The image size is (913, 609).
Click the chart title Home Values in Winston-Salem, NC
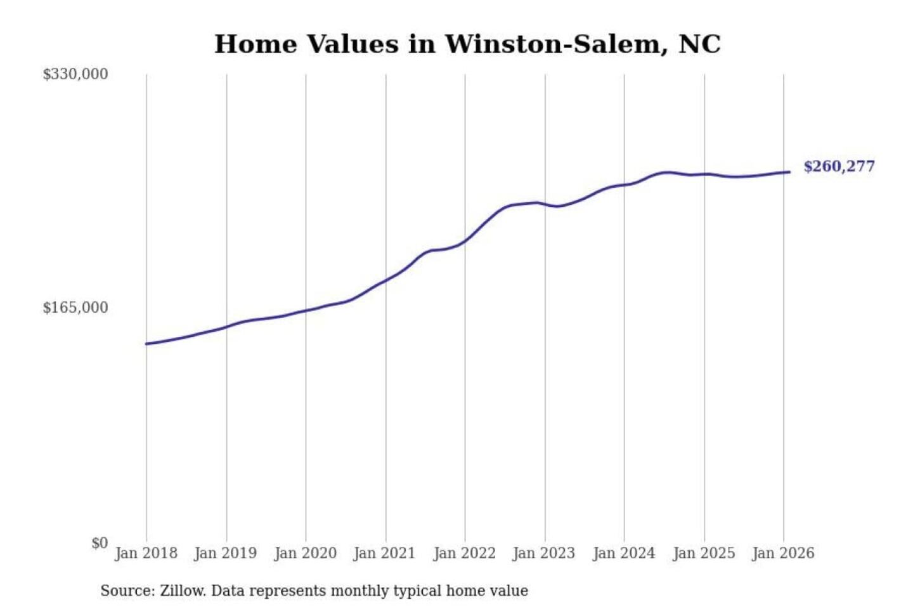pyautogui.click(x=467, y=44)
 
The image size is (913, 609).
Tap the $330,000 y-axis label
pyautogui.click(x=75, y=74)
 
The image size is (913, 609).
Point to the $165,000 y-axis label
pyautogui.click(x=75, y=308)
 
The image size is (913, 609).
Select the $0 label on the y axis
pyautogui.click(x=100, y=543)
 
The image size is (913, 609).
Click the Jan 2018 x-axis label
pyautogui.click(x=146, y=553)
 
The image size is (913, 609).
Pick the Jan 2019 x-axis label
pyautogui.click(x=226, y=553)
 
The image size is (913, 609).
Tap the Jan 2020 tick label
pyautogui.click(x=305, y=553)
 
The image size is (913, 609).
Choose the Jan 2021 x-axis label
pyautogui.click(x=384, y=553)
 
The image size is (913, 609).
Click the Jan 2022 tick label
pyautogui.click(x=464, y=553)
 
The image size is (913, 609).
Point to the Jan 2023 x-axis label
pyautogui.click(x=543, y=553)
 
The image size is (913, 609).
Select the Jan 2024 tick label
pyautogui.click(x=623, y=553)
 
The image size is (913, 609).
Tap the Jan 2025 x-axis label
pyautogui.click(x=703, y=553)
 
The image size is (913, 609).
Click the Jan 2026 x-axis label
pyautogui.click(x=782, y=553)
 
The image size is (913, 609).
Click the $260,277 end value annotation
pyautogui.click(x=839, y=166)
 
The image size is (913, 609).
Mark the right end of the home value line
pyautogui.click(x=789, y=172)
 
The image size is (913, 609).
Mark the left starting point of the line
pyautogui.click(x=146, y=344)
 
